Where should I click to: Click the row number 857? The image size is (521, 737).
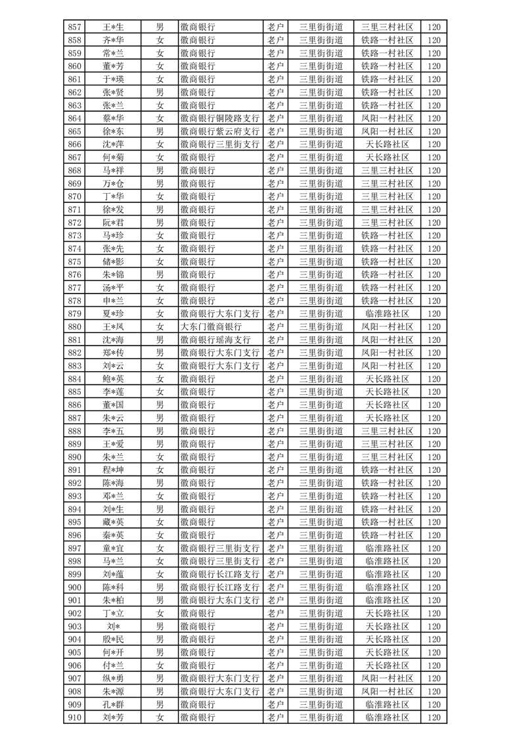coord(75,27)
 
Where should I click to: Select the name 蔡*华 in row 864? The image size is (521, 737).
coord(113,118)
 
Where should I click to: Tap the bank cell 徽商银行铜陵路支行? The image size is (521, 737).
coord(219,118)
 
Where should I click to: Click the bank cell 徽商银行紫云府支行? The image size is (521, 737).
coord(219,131)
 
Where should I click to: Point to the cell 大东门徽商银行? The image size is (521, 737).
coord(211,326)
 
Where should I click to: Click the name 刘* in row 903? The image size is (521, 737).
coord(113,626)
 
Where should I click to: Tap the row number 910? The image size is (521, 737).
coord(75,717)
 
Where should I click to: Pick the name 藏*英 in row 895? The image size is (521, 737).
coord(113,522)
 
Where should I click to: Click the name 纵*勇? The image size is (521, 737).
coord(113,678)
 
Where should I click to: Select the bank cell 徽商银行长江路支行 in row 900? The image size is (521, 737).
coord(219,587)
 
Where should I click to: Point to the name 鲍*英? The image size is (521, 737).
coord(113,378)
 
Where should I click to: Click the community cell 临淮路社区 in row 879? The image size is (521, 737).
coord(387,313)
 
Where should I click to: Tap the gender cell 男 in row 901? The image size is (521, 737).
coord(160,600)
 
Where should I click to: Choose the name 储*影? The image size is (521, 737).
coord(113,261)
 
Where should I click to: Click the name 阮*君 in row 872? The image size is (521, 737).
coord(113,223)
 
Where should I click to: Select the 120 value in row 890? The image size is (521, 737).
coord(434,457)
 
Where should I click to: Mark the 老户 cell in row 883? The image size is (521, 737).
coord(275,365)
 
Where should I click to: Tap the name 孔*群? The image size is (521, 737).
coord(113,704)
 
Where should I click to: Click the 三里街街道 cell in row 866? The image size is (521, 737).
coord(321,145)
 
